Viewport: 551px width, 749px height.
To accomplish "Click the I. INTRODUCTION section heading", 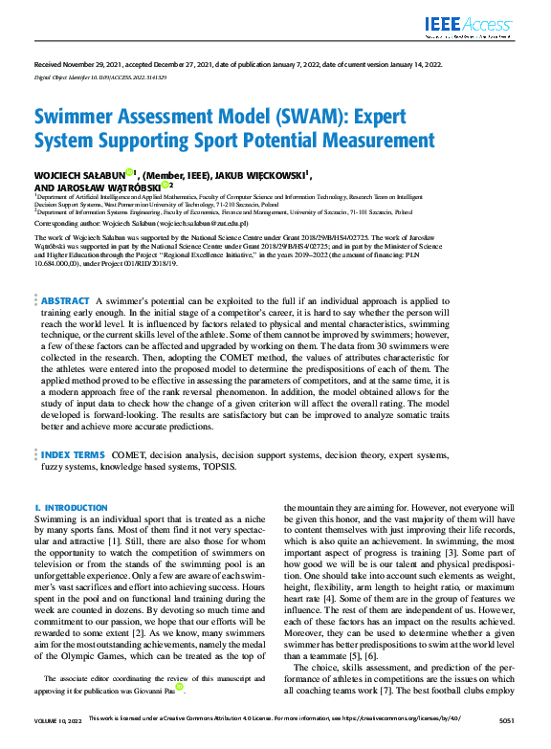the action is click(64, 506).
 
